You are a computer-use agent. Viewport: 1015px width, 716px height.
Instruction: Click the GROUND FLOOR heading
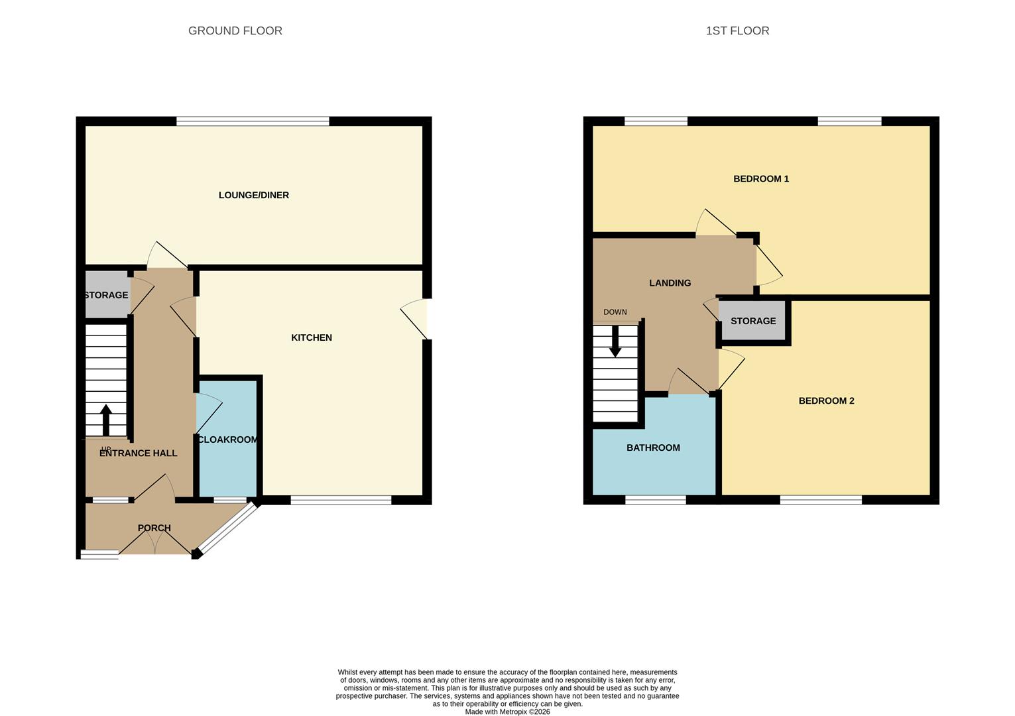pos(235,30)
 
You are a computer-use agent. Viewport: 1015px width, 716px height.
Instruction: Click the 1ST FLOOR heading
pos(737,30)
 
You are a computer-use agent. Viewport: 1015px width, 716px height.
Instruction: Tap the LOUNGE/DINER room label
pos(254,196)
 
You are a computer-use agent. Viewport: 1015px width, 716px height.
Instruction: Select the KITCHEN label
pos(312,337)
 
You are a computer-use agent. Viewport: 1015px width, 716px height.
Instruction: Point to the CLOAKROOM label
pos(228,440)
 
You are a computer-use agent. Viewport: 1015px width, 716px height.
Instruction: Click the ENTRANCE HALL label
pos(138,453)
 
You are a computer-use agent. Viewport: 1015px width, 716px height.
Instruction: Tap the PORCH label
pos(154,528)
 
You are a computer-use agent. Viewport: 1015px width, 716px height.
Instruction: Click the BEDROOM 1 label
pos(761,179)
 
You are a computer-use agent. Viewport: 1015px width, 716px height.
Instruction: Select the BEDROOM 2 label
pos(827,401)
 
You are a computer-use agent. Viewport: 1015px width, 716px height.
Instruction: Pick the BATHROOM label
pos(654,448)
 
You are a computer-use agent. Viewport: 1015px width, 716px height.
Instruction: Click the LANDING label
pos(670,283)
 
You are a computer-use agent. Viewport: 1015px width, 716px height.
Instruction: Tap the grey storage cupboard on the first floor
pos(753,321)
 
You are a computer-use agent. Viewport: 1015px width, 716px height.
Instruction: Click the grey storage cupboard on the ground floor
pos(108,294)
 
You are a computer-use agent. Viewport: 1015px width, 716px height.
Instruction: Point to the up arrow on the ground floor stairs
pos(106,420)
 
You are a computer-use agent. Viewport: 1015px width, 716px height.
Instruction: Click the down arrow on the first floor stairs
pos(615,341)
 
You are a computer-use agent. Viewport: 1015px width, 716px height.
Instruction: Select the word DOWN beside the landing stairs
pos(615,312)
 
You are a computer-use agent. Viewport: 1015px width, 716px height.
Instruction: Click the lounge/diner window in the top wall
pos(253,121)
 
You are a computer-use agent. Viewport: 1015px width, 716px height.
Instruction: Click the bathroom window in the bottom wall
pos(656,500)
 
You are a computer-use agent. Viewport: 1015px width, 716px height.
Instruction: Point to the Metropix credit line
pos(508,712)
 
